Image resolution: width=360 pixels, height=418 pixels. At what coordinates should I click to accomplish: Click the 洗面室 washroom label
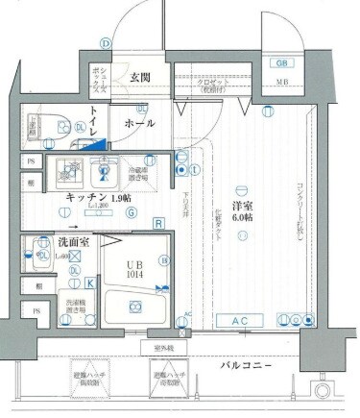(46, 243)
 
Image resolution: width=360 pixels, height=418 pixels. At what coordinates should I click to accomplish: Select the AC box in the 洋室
(244, 320)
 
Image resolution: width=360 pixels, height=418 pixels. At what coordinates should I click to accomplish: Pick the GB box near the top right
(282, 63)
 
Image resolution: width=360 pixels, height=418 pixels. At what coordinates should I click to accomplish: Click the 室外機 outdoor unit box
(161, 347)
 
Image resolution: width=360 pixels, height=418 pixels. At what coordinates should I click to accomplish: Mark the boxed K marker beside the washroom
(89, 283)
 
